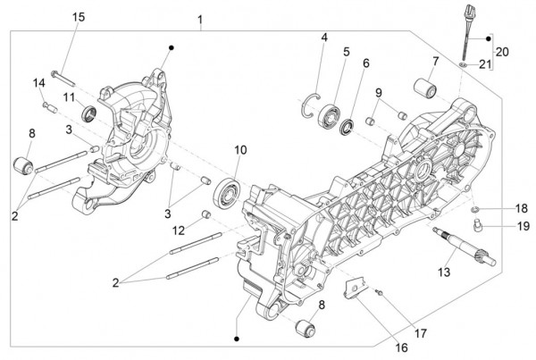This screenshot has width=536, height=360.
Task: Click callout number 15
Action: pyautogui.click(x=79, y=18)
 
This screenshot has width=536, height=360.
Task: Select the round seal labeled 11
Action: pyautogui.click(x=88, y=113)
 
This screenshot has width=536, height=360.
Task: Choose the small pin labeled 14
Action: pyautogui.click(x=50, y=106)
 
